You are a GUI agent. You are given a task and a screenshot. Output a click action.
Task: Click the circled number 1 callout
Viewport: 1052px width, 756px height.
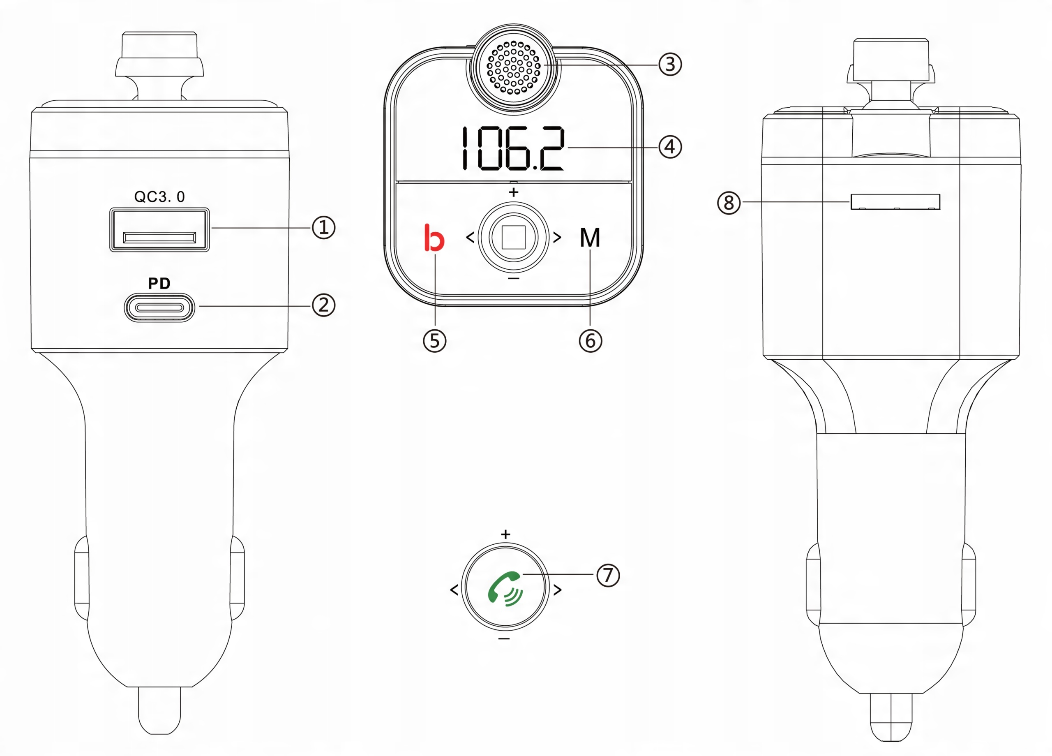323,227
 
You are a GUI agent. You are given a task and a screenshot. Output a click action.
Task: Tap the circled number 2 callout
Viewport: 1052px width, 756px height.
323,305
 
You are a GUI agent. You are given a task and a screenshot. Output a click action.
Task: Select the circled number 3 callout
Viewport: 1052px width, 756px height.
670,65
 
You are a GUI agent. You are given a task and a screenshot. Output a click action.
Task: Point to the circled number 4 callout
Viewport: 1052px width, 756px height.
670,147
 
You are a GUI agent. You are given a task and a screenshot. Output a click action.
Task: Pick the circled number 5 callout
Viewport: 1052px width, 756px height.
435,341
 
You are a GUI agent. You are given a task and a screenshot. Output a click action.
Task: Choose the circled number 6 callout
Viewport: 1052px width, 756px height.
591,341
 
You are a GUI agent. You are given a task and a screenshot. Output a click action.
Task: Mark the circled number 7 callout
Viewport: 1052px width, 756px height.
608,576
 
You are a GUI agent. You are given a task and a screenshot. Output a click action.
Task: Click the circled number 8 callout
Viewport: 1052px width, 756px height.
729,203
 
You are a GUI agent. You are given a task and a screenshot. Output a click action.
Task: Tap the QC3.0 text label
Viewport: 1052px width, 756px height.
159,197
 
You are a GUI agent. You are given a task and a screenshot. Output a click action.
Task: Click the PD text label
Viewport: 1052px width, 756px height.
159,284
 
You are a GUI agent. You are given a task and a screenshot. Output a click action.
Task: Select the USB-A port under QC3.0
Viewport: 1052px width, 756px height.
159,230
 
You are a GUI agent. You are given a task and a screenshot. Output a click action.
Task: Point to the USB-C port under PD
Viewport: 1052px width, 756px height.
159,307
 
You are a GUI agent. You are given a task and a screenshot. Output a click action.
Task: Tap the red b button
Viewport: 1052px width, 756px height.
434,238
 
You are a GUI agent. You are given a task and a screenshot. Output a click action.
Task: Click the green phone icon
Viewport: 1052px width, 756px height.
505,588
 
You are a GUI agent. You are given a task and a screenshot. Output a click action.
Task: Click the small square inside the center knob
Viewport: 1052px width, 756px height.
514,238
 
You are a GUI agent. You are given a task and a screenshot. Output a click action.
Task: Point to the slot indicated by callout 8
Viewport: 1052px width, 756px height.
895,202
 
